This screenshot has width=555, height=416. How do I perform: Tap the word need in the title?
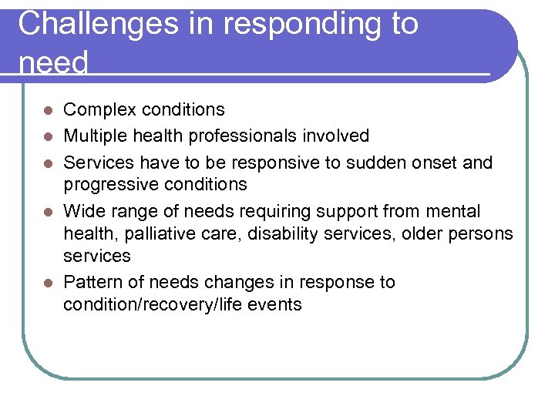53,62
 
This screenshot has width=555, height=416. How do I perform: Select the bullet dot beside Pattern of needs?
48,283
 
